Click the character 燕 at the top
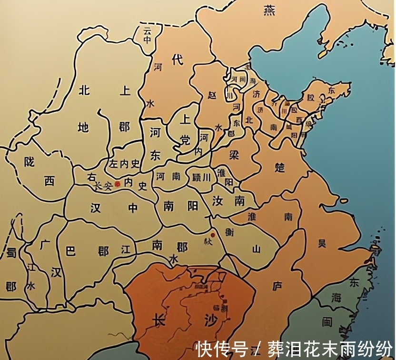(x=270, y=10)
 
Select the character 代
(x=177, y=60)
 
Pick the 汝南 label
(x=228, y=200)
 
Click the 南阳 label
(x=180, y=206)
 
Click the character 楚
(x=280, y=168)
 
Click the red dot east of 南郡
(x=212, y=235)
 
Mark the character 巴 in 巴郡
(x=70, y=251)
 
